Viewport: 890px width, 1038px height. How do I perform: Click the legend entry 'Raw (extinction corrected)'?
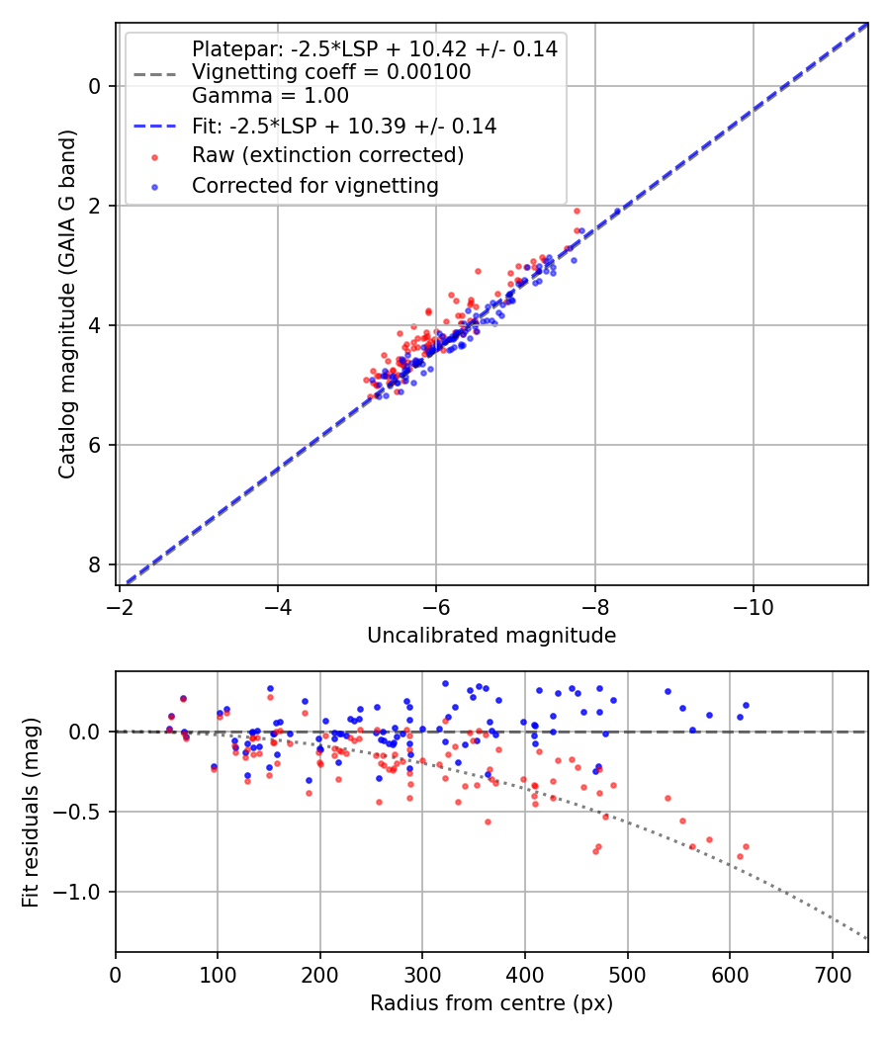(x=327, y=155)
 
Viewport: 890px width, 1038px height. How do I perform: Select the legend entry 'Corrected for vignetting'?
(x=314, y=185)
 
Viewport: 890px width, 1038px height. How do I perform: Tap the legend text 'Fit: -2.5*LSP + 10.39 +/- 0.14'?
(x=344, y=127)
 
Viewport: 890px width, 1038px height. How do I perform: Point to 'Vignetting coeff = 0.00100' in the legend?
(x=331, y=72)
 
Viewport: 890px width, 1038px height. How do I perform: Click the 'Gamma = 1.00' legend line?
(x=270, y=96)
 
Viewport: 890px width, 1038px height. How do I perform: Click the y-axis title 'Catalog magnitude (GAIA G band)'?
(x=67, y=303)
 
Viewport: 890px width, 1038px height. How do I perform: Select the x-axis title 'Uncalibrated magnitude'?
(x=491, y=636)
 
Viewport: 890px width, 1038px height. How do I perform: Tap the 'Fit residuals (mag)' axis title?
(x=31, y=812)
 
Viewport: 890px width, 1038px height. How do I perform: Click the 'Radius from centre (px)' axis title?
(x=491, y=1003)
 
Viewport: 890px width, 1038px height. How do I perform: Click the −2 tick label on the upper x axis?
(x=119, y=604)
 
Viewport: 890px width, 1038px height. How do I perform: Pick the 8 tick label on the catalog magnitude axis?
(x=94, y=564)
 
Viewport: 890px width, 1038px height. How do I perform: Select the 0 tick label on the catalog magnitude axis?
(x=94, y=86)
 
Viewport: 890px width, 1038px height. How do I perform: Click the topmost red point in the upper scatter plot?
(x=577, y=211)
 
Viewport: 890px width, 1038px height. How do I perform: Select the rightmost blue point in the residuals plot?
(x=746, y=705)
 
